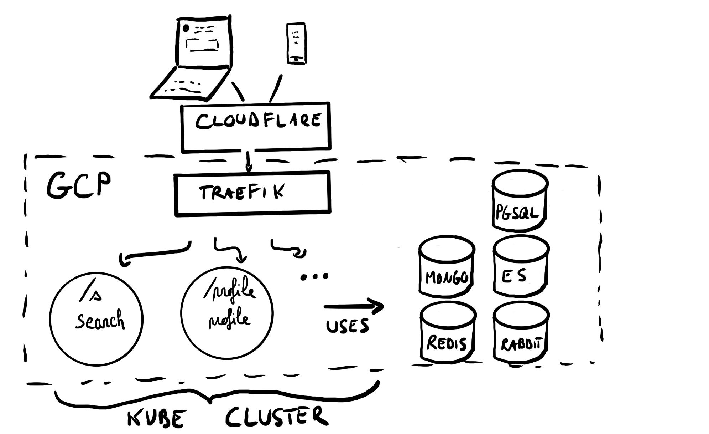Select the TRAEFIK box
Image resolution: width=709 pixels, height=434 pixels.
(252, 194)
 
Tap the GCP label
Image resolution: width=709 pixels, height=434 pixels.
(78, 185)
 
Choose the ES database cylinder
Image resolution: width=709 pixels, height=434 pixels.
(520, 266)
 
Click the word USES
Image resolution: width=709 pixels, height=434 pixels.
(347, 326)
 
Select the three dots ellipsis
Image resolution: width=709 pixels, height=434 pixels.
(314, 276)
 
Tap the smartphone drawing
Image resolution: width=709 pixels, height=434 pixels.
(296, 44)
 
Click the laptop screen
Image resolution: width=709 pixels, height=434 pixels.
(204, 41)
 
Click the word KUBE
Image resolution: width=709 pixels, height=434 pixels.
(155, 418)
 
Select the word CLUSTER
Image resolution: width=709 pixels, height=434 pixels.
(276, 416)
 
